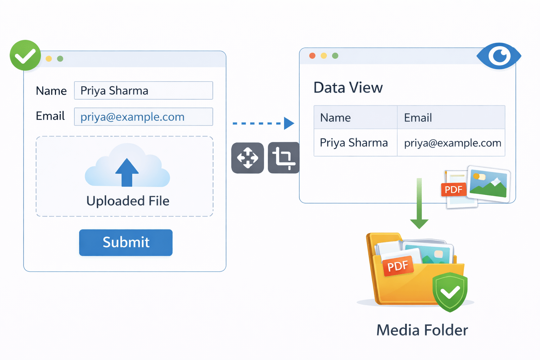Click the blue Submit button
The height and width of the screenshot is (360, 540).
(x=126, y=243)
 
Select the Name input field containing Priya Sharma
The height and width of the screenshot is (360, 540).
(x=143, y=91)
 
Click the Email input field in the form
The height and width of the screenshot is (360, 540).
(x=143, y=117)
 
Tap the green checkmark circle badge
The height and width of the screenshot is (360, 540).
(x=25, y=56)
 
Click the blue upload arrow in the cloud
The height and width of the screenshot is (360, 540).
(x=127, y=172)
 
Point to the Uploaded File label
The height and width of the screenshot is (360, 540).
(x=128, y=201)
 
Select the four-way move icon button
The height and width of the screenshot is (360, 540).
(x=247, y=158)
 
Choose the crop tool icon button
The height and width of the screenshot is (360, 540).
(x=284, y=158)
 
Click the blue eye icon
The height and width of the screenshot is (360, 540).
(x=499, y=56)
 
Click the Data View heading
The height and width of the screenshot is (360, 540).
(x=348, y=88)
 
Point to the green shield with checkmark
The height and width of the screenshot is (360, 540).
(x=450, y=291)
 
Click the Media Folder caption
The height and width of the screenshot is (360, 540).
(x=422, y=330)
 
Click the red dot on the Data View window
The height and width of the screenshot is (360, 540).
(x=312, y=56)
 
